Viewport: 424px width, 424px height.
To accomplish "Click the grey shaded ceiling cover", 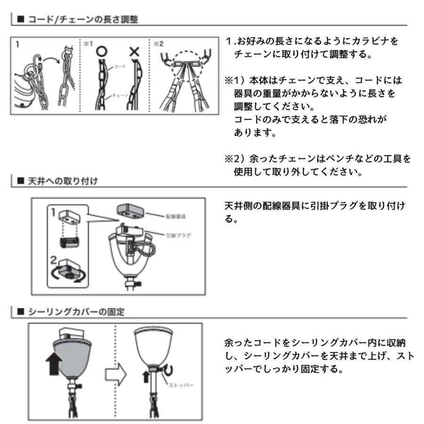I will coord(76,353).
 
